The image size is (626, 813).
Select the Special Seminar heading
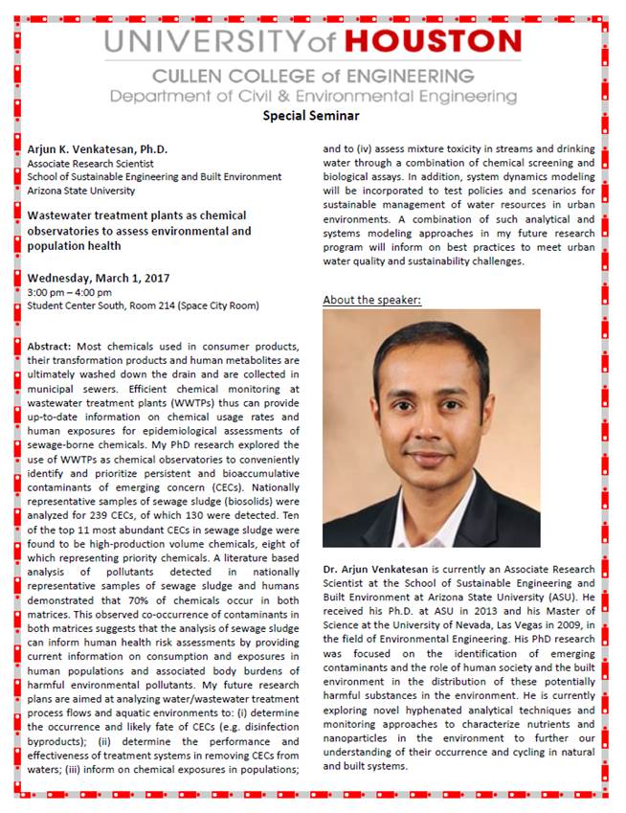[311, 116]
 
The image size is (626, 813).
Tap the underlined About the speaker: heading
[371, 300]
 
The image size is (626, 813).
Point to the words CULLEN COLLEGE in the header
[221, 76]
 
